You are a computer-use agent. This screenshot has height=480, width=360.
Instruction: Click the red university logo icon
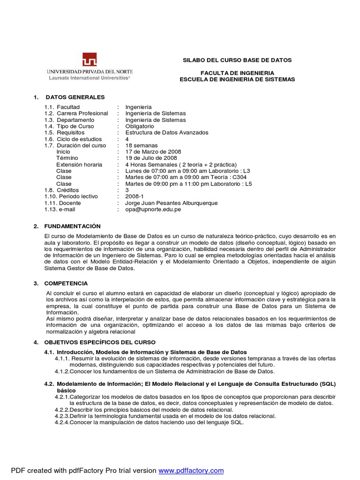[x=90, y=60]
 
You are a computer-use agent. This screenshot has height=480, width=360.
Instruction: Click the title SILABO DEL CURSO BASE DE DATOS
[x=237, y=60]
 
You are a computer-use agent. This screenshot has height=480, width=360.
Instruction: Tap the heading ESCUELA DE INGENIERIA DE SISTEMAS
[x=237, y=79]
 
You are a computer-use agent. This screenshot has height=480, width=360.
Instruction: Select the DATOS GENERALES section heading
[x=75, y=97]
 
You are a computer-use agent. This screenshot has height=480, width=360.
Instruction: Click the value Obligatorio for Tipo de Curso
[x=140, y=127]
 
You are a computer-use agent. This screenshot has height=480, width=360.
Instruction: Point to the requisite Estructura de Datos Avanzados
[x=167, y=133]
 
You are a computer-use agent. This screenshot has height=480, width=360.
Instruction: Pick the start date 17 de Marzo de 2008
[x=153, y=152]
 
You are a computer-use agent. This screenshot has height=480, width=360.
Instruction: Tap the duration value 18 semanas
[x=142, y=146]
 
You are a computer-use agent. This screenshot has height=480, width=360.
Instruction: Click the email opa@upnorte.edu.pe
[x=153, y=210]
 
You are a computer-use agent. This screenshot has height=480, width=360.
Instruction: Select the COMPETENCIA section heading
[x=66, y=283]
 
